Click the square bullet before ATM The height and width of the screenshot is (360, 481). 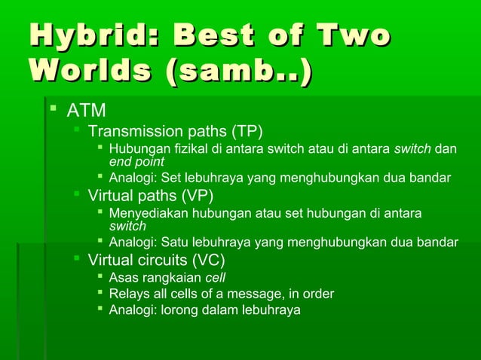click(53, 111)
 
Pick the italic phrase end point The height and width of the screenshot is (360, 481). click(136, 161)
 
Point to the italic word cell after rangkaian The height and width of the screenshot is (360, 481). click(216, 277)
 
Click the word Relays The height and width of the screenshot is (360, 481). click(128, 293)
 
